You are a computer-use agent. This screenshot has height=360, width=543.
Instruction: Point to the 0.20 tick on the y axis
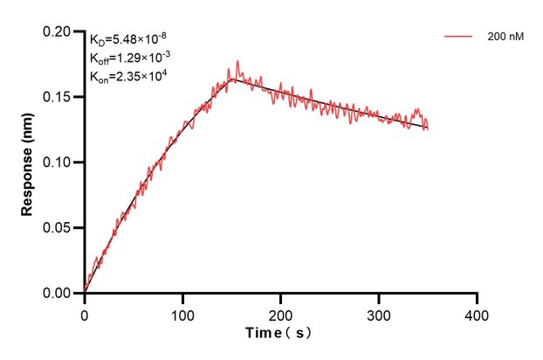point(58,31)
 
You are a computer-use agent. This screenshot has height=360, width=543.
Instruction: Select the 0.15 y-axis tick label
point(58,97)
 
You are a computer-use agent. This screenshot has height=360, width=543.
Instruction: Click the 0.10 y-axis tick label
point(58,163)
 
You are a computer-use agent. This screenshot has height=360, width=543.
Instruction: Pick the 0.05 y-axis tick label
point(58,228)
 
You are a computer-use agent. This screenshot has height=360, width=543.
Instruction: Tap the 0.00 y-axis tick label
point(58,294)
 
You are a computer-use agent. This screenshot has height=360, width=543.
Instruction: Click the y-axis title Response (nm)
point(27,163)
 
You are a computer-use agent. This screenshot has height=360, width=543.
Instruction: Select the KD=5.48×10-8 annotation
point(128,39)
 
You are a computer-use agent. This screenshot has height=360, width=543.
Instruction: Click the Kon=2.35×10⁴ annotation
point(127,77)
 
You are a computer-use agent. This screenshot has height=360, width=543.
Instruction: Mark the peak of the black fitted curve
point(233,80)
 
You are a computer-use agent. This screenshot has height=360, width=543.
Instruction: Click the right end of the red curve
point(428,129)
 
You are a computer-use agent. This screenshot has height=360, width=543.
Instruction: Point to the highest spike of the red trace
point(237,61)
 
